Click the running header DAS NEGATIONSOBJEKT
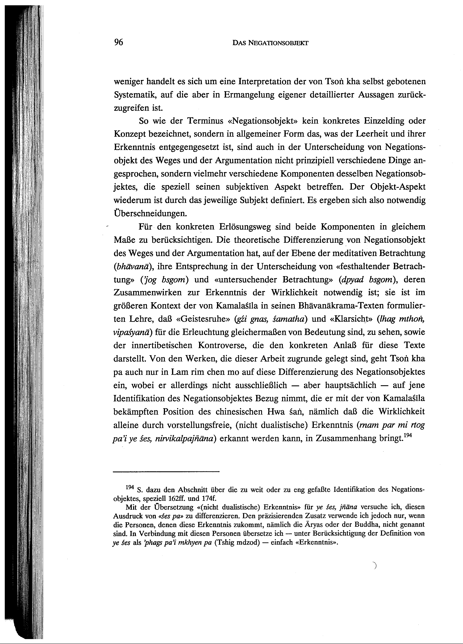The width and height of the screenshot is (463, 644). (x=270, y=43)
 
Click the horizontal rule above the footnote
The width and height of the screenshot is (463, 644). (x=166, y=472)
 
